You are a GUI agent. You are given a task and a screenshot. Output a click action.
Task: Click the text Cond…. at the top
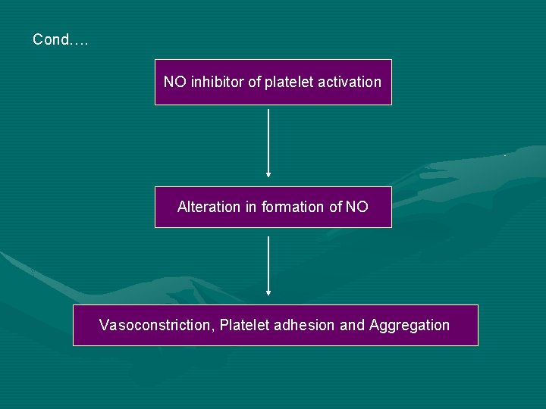[x=61, y=39]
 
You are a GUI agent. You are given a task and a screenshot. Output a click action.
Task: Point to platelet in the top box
[x=289, y=82]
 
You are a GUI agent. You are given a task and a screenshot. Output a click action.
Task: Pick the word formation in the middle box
[x=293, y=207]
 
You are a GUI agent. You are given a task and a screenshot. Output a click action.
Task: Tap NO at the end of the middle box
[x=356, y=207]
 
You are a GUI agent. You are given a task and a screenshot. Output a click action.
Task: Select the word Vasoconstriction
[x=155, y=326]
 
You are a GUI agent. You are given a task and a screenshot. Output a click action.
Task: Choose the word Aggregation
[x=409, y=326]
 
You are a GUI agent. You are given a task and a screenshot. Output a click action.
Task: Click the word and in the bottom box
[x=352, y=326]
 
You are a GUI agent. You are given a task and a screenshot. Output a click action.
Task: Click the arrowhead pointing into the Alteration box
[x=268, y=173]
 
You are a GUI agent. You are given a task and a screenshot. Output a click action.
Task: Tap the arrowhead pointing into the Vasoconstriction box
[x=268, y=292]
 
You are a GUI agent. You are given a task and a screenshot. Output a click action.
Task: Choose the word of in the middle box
[x=334, y=207]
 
